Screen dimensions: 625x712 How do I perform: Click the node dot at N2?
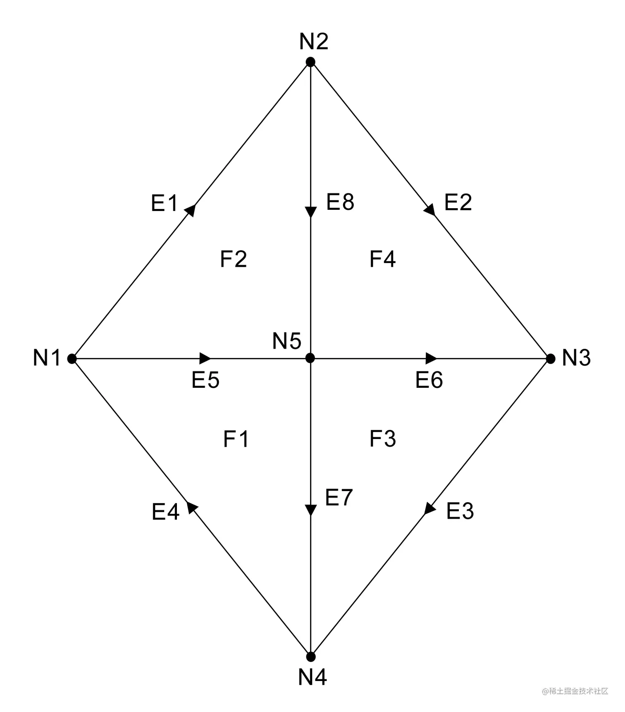pyautogui.click(x=310, y=62)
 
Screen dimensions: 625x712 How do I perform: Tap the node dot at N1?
pyautogui.click(x=72, y=358)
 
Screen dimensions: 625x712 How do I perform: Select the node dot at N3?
pyautogui.click(x=550, y=358)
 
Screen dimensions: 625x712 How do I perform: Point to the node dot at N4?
pyautogui.click(x=311, y=657)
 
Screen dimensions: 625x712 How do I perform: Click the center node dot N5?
pyautogui.click(x=310, y=358)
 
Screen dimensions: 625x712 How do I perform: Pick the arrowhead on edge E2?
pyautogui.click(x=430, y=210)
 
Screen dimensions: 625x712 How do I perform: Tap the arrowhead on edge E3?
pyautogui.click(x=430, y=508)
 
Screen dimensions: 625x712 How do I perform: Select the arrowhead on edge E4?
pyautogui.click(x=192, y=507)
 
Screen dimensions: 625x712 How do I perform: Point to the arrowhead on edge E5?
pyautogui.click(x=205, y=358)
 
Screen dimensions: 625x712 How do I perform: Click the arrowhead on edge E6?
pyautogui.click(x=431, y=358)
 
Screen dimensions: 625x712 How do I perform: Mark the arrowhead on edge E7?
pyautogui.click(x=310, y=510)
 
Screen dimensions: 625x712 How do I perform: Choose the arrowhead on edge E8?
pyautogui.click(x=310, y=212)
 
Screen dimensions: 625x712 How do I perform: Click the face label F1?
pyautogui.click(x=236, y=439)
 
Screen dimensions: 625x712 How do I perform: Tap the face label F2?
pyautogui.click(x=234, y=259)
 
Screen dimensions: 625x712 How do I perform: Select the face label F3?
pyautogui.click(x=383, y=439)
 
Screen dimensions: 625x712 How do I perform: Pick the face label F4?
pyautogui.click(x=383, y=259)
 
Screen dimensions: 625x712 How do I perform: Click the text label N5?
pyautogui.click(x=286, y=341)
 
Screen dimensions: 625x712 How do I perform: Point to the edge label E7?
pyautogui.click(x=339, y=497)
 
